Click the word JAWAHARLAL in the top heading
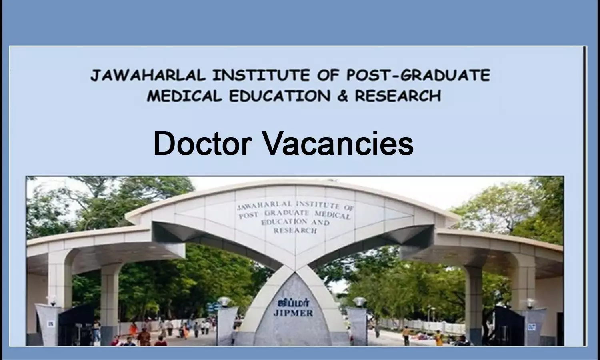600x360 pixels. pyautogui.click(x=148, y=75)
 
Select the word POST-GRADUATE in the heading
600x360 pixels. pyautogui.click(x=418, y=75)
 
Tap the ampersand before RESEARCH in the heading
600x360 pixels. pyautogui.click(x=343, y=96)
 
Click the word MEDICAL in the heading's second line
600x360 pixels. pyautogui.click(x=184, y=96)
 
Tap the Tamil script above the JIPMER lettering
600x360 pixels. pyautogui.click(x=293, y=303)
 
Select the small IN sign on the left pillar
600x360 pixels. pyautogui.click(x=50, y=324)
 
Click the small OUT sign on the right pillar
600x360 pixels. pyautogui.click(x=532, y=327)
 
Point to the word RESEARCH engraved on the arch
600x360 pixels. pyautogui.click(x=295, y=230)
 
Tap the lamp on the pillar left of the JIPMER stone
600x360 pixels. pyautogui.click(x=224, y=302)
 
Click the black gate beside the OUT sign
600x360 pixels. pyautogui.click(x=508, y=326)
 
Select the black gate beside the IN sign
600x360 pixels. pyautogui.click(x=76, y=325)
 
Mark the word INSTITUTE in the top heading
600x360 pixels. pyautogui.click(x=261, y=75)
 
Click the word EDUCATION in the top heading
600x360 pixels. pyautogui.click(x=280, y=96)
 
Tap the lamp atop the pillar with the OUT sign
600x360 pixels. pyautogui.click(x=530, y=304)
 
